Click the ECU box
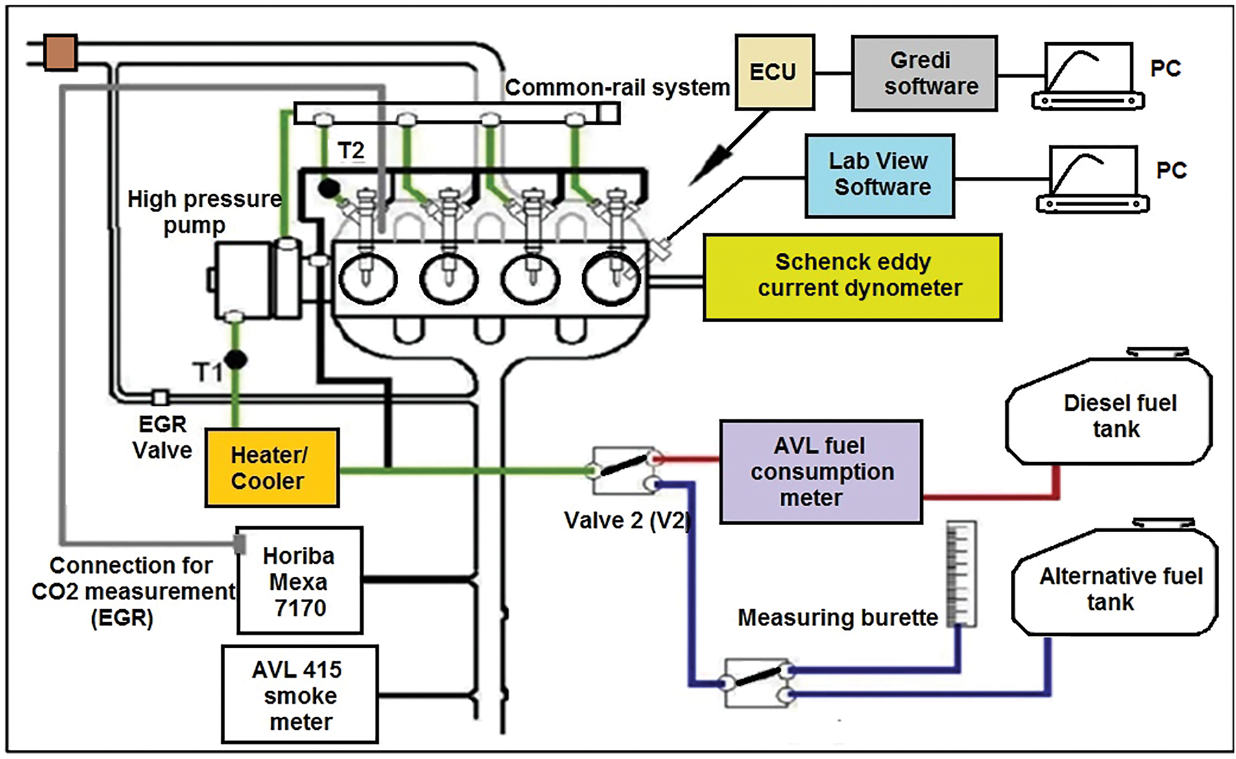pos(774,72)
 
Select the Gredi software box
pos(923,73)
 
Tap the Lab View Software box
pos(879,175)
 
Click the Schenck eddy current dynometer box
pos(852,277)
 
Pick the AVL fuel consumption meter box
pos(820,471)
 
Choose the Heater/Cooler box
pos(272,467)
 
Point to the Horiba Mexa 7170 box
pos(299,581)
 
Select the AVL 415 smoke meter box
pos(300,695)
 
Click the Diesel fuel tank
pos(1109,413)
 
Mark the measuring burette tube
pos(961,574)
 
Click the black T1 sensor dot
pos(235,359)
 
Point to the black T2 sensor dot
pos(329,188)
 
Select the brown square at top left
pos(60,52)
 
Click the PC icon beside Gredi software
pos(1088,76)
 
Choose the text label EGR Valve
pos(162,438)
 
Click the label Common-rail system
pos(617,88)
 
